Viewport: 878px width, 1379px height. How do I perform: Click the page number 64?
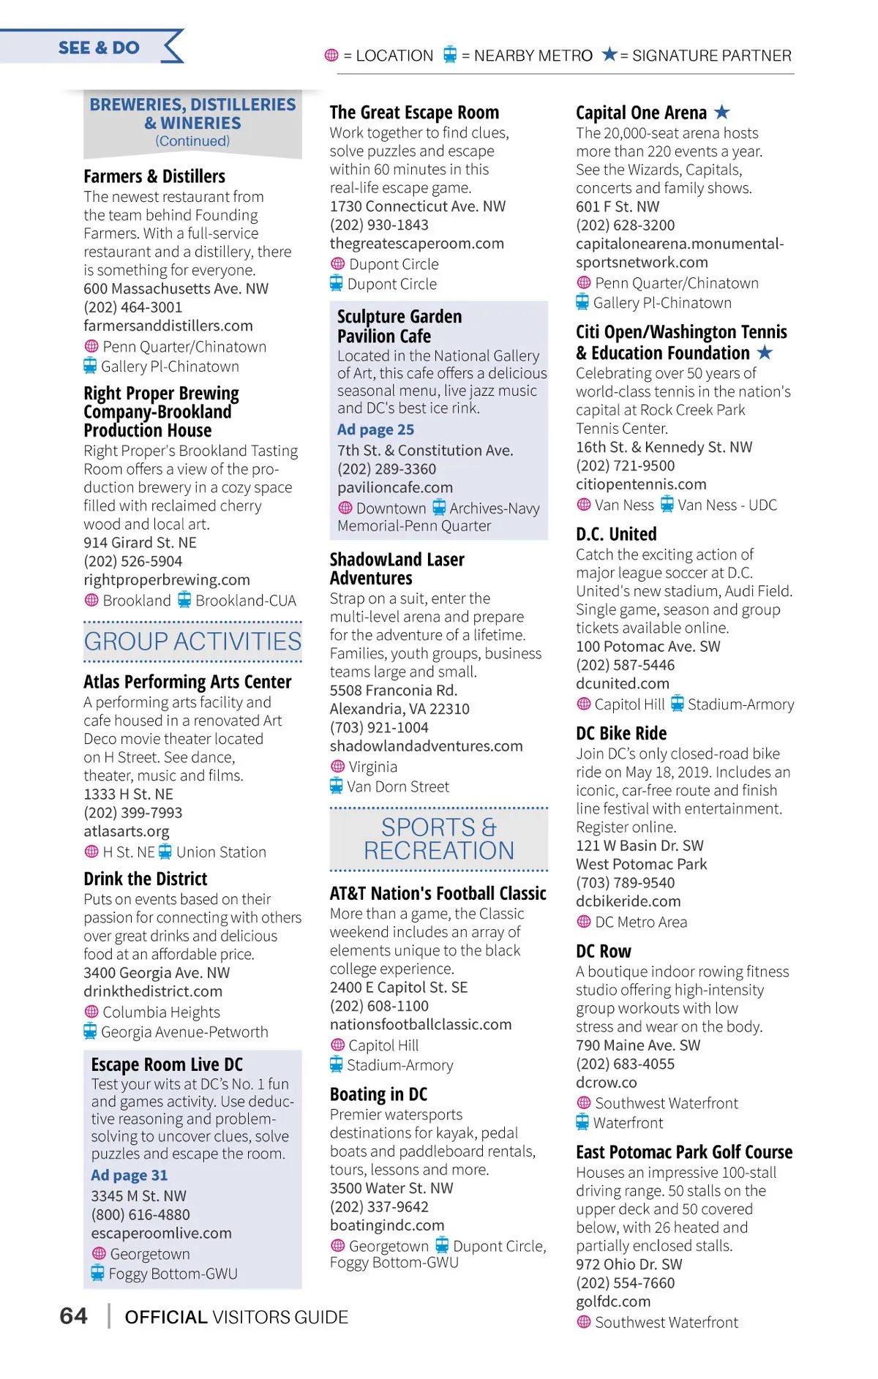click(73, 1316)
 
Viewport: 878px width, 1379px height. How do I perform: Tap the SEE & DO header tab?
click(99, 48)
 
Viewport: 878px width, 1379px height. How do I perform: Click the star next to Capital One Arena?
click(722, 112)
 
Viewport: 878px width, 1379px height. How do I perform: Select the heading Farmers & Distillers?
click(154, 176)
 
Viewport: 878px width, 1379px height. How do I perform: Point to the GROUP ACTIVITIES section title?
click(192, 642)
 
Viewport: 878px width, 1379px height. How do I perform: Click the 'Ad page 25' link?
click(375, 429)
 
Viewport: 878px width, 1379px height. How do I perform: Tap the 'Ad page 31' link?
click(130, 1175)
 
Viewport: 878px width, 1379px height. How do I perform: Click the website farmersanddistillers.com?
click(168, 326)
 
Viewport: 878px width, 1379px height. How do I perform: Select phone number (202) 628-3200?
click(626, 225)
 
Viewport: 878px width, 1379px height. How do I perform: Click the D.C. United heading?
click(616, 534)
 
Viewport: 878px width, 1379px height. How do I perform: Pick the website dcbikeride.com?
click(629, 901)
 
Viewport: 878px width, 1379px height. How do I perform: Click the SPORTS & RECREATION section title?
click(439, 838)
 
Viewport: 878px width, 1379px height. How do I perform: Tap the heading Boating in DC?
click(378, 1094)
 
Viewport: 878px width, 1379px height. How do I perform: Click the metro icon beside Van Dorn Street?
click(337, 786)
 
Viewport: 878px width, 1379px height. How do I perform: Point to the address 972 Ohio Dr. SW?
click(629, 1264)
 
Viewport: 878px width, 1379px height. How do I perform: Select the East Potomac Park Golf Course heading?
click(684, 1152)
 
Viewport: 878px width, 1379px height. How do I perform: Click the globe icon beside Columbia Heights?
click(91, 1012)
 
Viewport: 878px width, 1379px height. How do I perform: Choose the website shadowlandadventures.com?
click(426, 746)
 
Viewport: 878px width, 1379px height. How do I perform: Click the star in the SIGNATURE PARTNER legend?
click(609, 54)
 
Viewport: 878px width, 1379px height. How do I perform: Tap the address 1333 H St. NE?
click(128, 794)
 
